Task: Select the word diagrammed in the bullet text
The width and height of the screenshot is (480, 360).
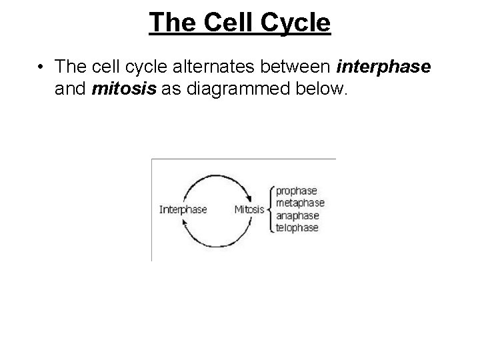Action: click(x=231, y=90)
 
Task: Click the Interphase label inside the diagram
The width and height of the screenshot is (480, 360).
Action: click(x=183, y=209)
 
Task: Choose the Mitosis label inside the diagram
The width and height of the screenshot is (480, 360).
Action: click(x=249, y=209)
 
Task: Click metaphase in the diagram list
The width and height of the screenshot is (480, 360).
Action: click(x=300, y=203)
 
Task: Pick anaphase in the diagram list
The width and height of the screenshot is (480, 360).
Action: click(x=297, y=215)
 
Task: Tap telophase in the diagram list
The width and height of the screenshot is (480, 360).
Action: click(x=297, y=227)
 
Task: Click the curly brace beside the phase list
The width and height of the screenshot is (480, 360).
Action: click(x=270, y=209)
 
